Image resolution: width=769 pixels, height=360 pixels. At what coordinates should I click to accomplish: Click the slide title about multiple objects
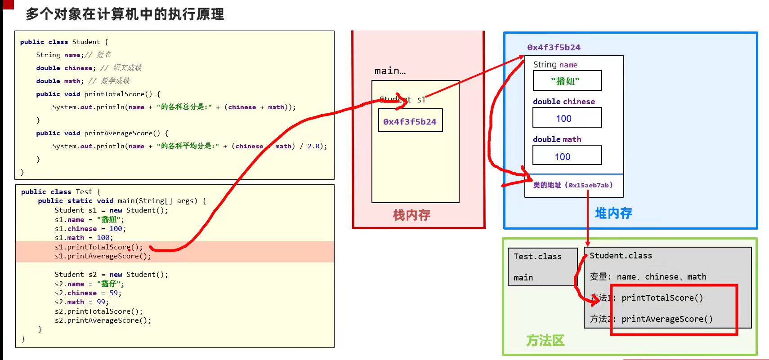(125, 14)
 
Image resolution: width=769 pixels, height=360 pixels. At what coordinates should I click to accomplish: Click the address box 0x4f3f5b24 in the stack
(410, 121)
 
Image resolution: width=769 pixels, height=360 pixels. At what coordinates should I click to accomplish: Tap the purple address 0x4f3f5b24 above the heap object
(554, 47)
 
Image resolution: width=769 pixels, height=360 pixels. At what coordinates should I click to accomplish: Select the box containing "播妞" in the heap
(567, 81)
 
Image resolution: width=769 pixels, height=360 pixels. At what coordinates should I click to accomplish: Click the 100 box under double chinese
(567, 118)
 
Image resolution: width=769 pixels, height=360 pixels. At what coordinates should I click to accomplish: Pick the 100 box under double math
(567, 156)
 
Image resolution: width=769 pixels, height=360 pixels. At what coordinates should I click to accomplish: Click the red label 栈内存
(411, 215)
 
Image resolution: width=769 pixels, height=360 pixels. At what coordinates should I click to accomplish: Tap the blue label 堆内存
(613, 213)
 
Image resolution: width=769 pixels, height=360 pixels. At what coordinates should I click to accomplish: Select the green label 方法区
(545, 340)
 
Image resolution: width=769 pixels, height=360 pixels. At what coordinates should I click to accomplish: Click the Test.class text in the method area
(537, 257)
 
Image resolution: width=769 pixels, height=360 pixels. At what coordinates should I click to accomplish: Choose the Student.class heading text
(621, 256)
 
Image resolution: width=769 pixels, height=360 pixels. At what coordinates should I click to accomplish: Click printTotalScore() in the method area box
(662, 298)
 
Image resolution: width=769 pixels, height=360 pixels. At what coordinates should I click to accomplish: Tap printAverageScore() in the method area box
(667, 319)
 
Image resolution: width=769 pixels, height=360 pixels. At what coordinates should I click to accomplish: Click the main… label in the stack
(390, 71)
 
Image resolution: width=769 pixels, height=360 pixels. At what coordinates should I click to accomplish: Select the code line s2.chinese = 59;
(88, 293)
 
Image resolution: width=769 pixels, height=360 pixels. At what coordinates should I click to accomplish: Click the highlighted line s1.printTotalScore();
(98, 247)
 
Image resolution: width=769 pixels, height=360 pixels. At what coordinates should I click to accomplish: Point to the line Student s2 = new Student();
(111, 275)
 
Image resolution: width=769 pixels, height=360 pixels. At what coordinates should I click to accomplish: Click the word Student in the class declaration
(86, 42)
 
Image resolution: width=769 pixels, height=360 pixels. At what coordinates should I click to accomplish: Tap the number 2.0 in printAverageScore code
(313, 146)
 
